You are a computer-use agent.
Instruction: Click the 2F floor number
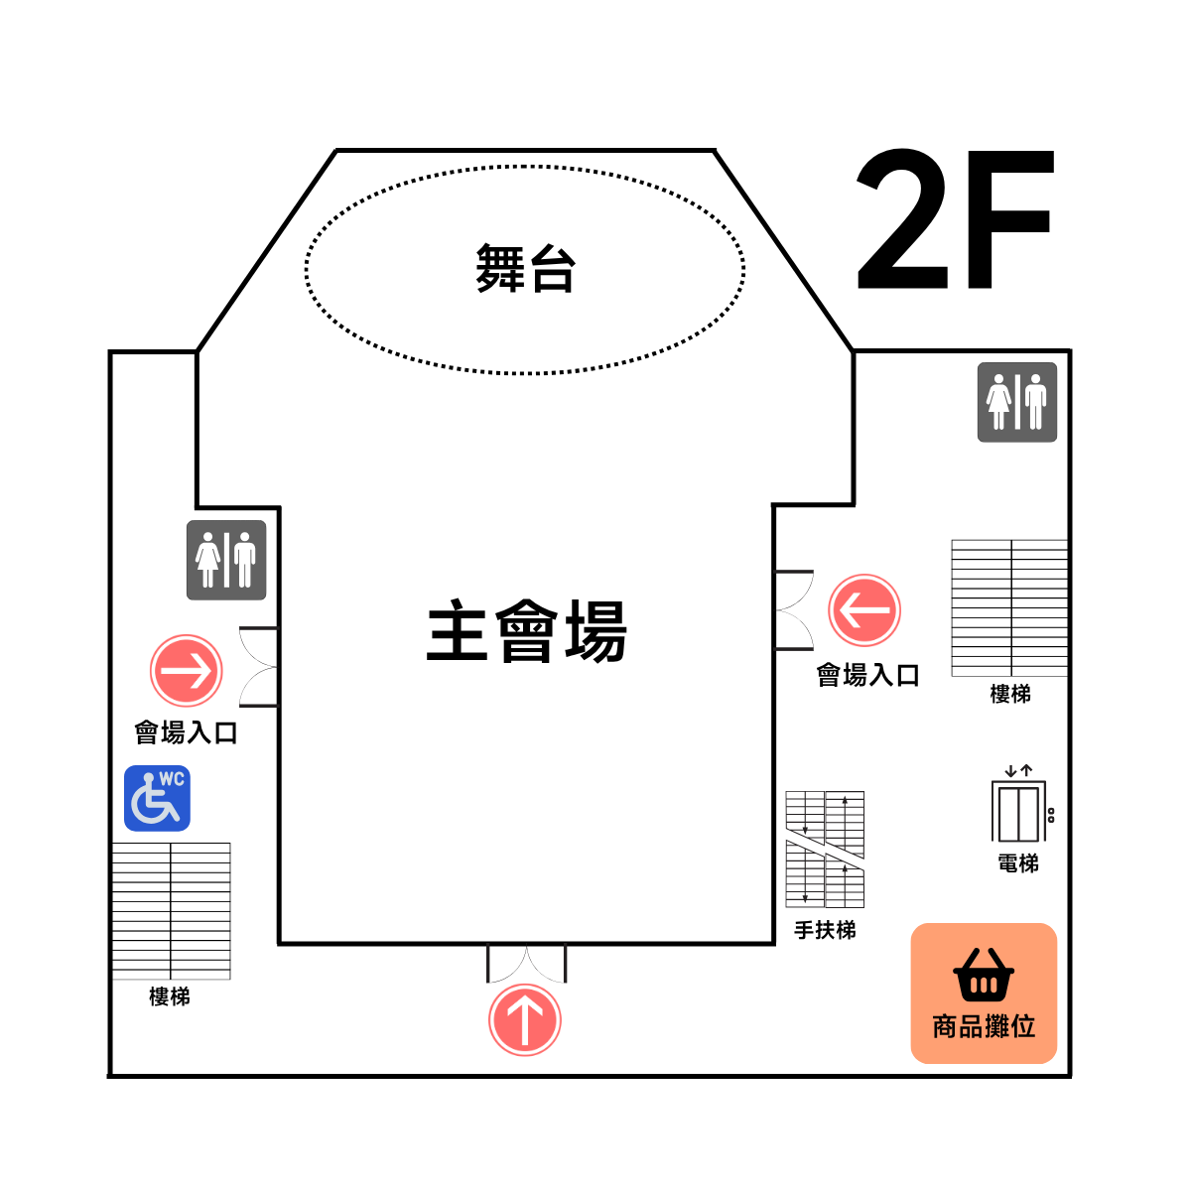(x=955, y=218)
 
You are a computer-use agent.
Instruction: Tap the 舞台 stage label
(x=525, y=268)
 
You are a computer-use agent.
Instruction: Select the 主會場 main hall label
(x=527, y=630)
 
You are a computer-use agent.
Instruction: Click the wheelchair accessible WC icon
(x=157, y=798)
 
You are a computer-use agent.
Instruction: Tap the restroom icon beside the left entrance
(x=226, y=560)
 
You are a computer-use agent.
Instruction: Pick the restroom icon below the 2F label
(x=1016, y=402)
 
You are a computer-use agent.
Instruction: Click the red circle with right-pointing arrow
(x=186, y=671)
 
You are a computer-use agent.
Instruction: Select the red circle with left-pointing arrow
(x=864, y=610)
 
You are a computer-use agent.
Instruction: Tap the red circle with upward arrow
(x=525, y=1020)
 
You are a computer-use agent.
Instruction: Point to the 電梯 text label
(x=1018, y=863)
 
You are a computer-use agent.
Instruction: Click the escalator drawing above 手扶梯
(x=825, y=850)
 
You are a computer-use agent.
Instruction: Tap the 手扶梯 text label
(x=825, y=930)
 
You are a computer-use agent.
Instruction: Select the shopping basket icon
(x=984, y=975)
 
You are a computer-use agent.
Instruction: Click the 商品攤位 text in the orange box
(x=984, y=1026)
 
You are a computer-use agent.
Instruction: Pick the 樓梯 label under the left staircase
(x=170, y=996)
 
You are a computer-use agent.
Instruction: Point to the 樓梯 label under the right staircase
(x=1010, y=694)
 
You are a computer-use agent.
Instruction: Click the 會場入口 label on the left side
(x=186, y=733)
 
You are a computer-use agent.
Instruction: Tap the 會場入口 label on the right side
(x=867, y=675)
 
